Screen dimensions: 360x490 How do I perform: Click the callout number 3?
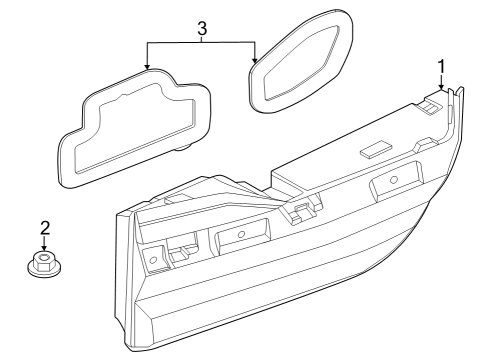(x=202, y=29)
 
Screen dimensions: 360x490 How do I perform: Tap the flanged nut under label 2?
(x=44, y=265)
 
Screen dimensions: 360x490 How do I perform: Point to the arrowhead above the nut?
(x=44, y=248)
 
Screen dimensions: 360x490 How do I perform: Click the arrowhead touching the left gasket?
(x=148, y=68)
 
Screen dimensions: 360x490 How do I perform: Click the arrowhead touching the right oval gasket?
(x=256, y=62)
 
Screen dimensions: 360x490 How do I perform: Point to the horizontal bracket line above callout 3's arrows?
(x=202, y=41)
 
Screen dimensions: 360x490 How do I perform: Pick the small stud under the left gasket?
(x=186, y=146)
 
